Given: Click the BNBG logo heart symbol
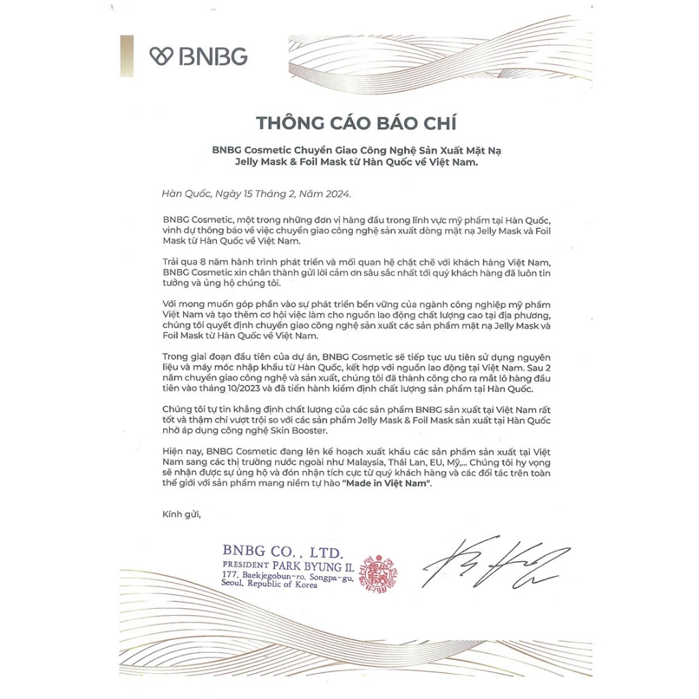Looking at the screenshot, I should pyautogui.click(x=160, y=56).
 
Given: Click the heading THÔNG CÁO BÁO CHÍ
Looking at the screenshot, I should pyautogui.click(x=356, y=123).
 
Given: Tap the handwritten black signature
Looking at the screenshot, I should pyautogui.click(x=495, y=564).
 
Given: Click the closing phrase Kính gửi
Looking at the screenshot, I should pyautogui.click(x=182, y=513).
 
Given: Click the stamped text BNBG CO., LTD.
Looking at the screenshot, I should pyautogui.click(x=283, y=551).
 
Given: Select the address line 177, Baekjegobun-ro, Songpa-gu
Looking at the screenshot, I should pyautogui.click(x=287, y=577).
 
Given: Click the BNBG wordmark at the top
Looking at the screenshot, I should pyautogui.click(x=213, y=56).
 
